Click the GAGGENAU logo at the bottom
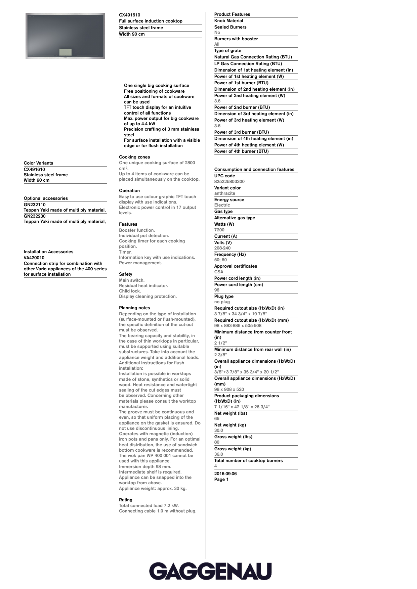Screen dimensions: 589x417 click(x=210, y=571)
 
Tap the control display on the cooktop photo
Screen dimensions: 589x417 click(x=65, y=52)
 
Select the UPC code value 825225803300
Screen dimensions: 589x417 click(x=230, y=182)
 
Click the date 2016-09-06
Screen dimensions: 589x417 click(x=225, y=474)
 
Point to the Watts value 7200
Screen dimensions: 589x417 click(x=219, y=230)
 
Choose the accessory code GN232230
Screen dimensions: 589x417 click(x=35, y=216)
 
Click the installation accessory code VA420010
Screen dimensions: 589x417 click(x=34, y=258)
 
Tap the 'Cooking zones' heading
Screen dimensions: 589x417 click(x=134, y=157)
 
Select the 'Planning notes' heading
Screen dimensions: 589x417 click(x=134, y=308)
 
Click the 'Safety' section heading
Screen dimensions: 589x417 click(x=126, y=274)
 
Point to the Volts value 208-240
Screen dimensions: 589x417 click(x=222, y=248)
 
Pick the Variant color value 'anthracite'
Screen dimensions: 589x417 click(x=225, y=193)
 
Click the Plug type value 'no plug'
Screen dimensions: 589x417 click(x=222, y=302)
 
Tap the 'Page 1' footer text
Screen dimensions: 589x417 click(x=221, y=480)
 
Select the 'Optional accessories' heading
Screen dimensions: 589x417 click(x=46, y=198)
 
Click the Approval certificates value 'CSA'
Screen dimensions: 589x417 click(x=219, y=272)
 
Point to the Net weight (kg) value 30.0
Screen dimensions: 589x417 click(x=219, y=431)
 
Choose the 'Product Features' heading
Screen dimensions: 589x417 click(x=232, y=14)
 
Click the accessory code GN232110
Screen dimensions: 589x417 click(x=35, y=205)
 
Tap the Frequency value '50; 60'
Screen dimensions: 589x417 click(x=221, y=260)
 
